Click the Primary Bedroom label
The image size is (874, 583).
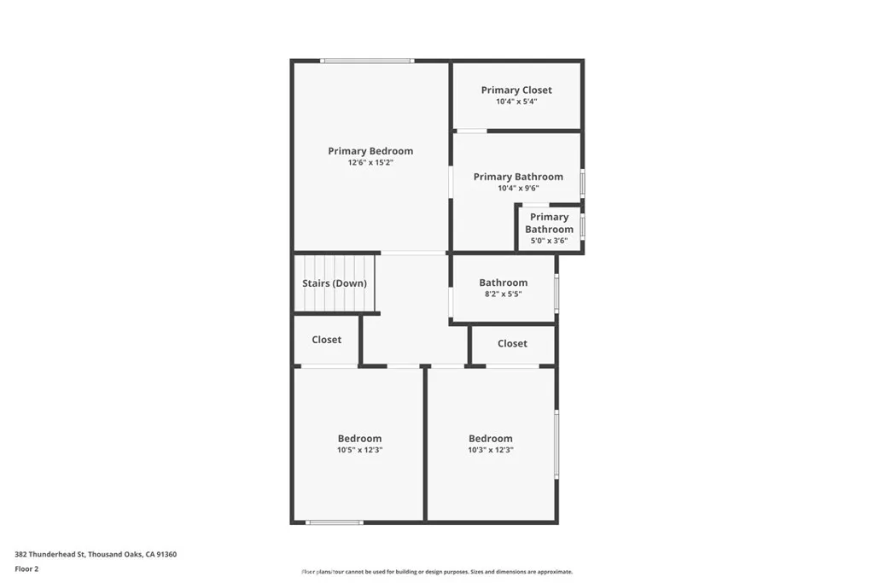[370, 151]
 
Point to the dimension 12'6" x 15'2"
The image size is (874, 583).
[370, 162]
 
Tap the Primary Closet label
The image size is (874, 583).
[516, 90]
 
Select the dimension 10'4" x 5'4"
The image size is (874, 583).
[516, 101]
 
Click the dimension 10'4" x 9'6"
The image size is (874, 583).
[518, 188]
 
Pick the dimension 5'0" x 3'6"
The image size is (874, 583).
[549, 241]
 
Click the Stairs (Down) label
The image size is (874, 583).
[335, 283]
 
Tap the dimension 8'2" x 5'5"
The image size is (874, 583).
[503, 294]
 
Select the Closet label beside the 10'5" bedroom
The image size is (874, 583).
[326, 340]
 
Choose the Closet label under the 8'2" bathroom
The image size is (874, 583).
[512, 343]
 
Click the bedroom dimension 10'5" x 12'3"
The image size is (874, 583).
[359, 450]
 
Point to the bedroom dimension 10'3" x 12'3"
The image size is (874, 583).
[491, 450]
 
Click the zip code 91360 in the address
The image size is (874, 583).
[166, 554]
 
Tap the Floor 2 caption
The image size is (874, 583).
[27, 568]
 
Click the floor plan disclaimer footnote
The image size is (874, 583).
[436, 572]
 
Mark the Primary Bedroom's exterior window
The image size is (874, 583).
[367, 61]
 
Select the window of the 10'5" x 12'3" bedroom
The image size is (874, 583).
[335, 522]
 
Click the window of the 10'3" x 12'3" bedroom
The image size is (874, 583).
[556, 444]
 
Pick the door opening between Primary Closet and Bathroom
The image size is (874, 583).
[471, 131]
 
